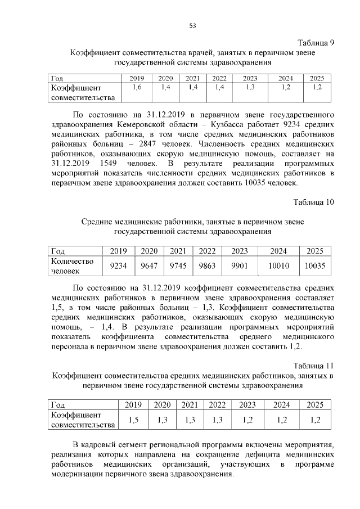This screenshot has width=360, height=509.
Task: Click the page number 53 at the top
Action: [192, 25]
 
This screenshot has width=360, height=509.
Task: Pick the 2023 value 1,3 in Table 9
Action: [250, 88]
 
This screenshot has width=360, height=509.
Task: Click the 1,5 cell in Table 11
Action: [133, 420]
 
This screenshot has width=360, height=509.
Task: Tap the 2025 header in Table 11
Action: [314, 404]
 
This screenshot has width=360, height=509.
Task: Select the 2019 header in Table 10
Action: [118, 251]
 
